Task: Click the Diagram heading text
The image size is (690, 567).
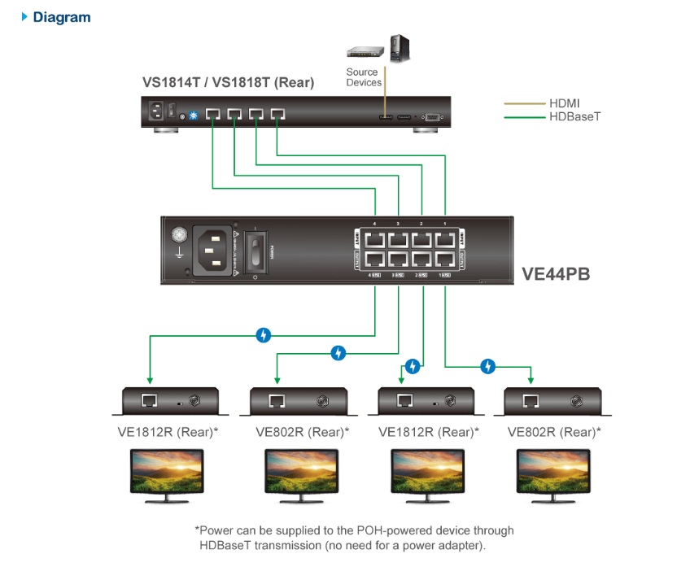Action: coord(61,17)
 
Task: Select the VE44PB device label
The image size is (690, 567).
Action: coord(556,274)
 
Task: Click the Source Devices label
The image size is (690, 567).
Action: coord(363,77)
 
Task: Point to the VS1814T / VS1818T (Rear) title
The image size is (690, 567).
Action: coord(228,82)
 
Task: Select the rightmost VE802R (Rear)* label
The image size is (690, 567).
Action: coord(554,432)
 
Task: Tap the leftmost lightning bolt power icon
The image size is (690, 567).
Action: coord(263,334)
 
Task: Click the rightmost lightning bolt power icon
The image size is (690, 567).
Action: coord(487,367)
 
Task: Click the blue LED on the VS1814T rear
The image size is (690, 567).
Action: coord(194,116)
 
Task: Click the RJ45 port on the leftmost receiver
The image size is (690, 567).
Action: coord(149,401)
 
